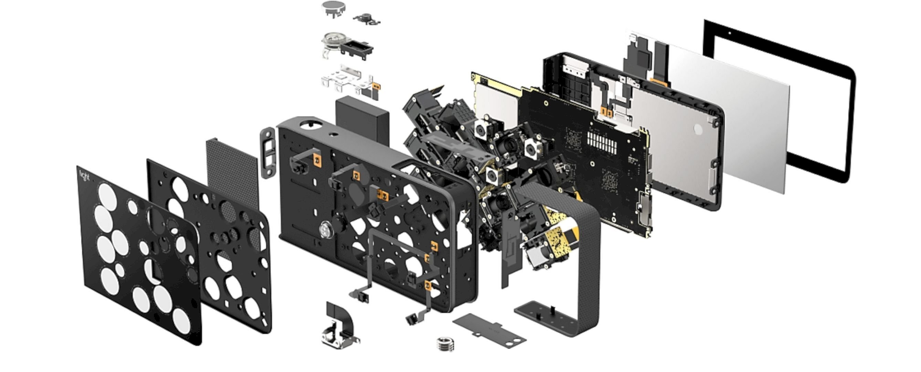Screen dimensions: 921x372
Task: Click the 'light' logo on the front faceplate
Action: click(85, 176)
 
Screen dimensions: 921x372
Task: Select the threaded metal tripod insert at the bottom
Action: click(445, 344)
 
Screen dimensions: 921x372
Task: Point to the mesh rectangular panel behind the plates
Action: click(232, 175)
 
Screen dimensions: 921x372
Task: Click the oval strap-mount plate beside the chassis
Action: click(268, 153)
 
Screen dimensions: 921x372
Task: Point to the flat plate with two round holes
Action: click(489, 331)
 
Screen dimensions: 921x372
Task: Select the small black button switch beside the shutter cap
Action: click(366, 18)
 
